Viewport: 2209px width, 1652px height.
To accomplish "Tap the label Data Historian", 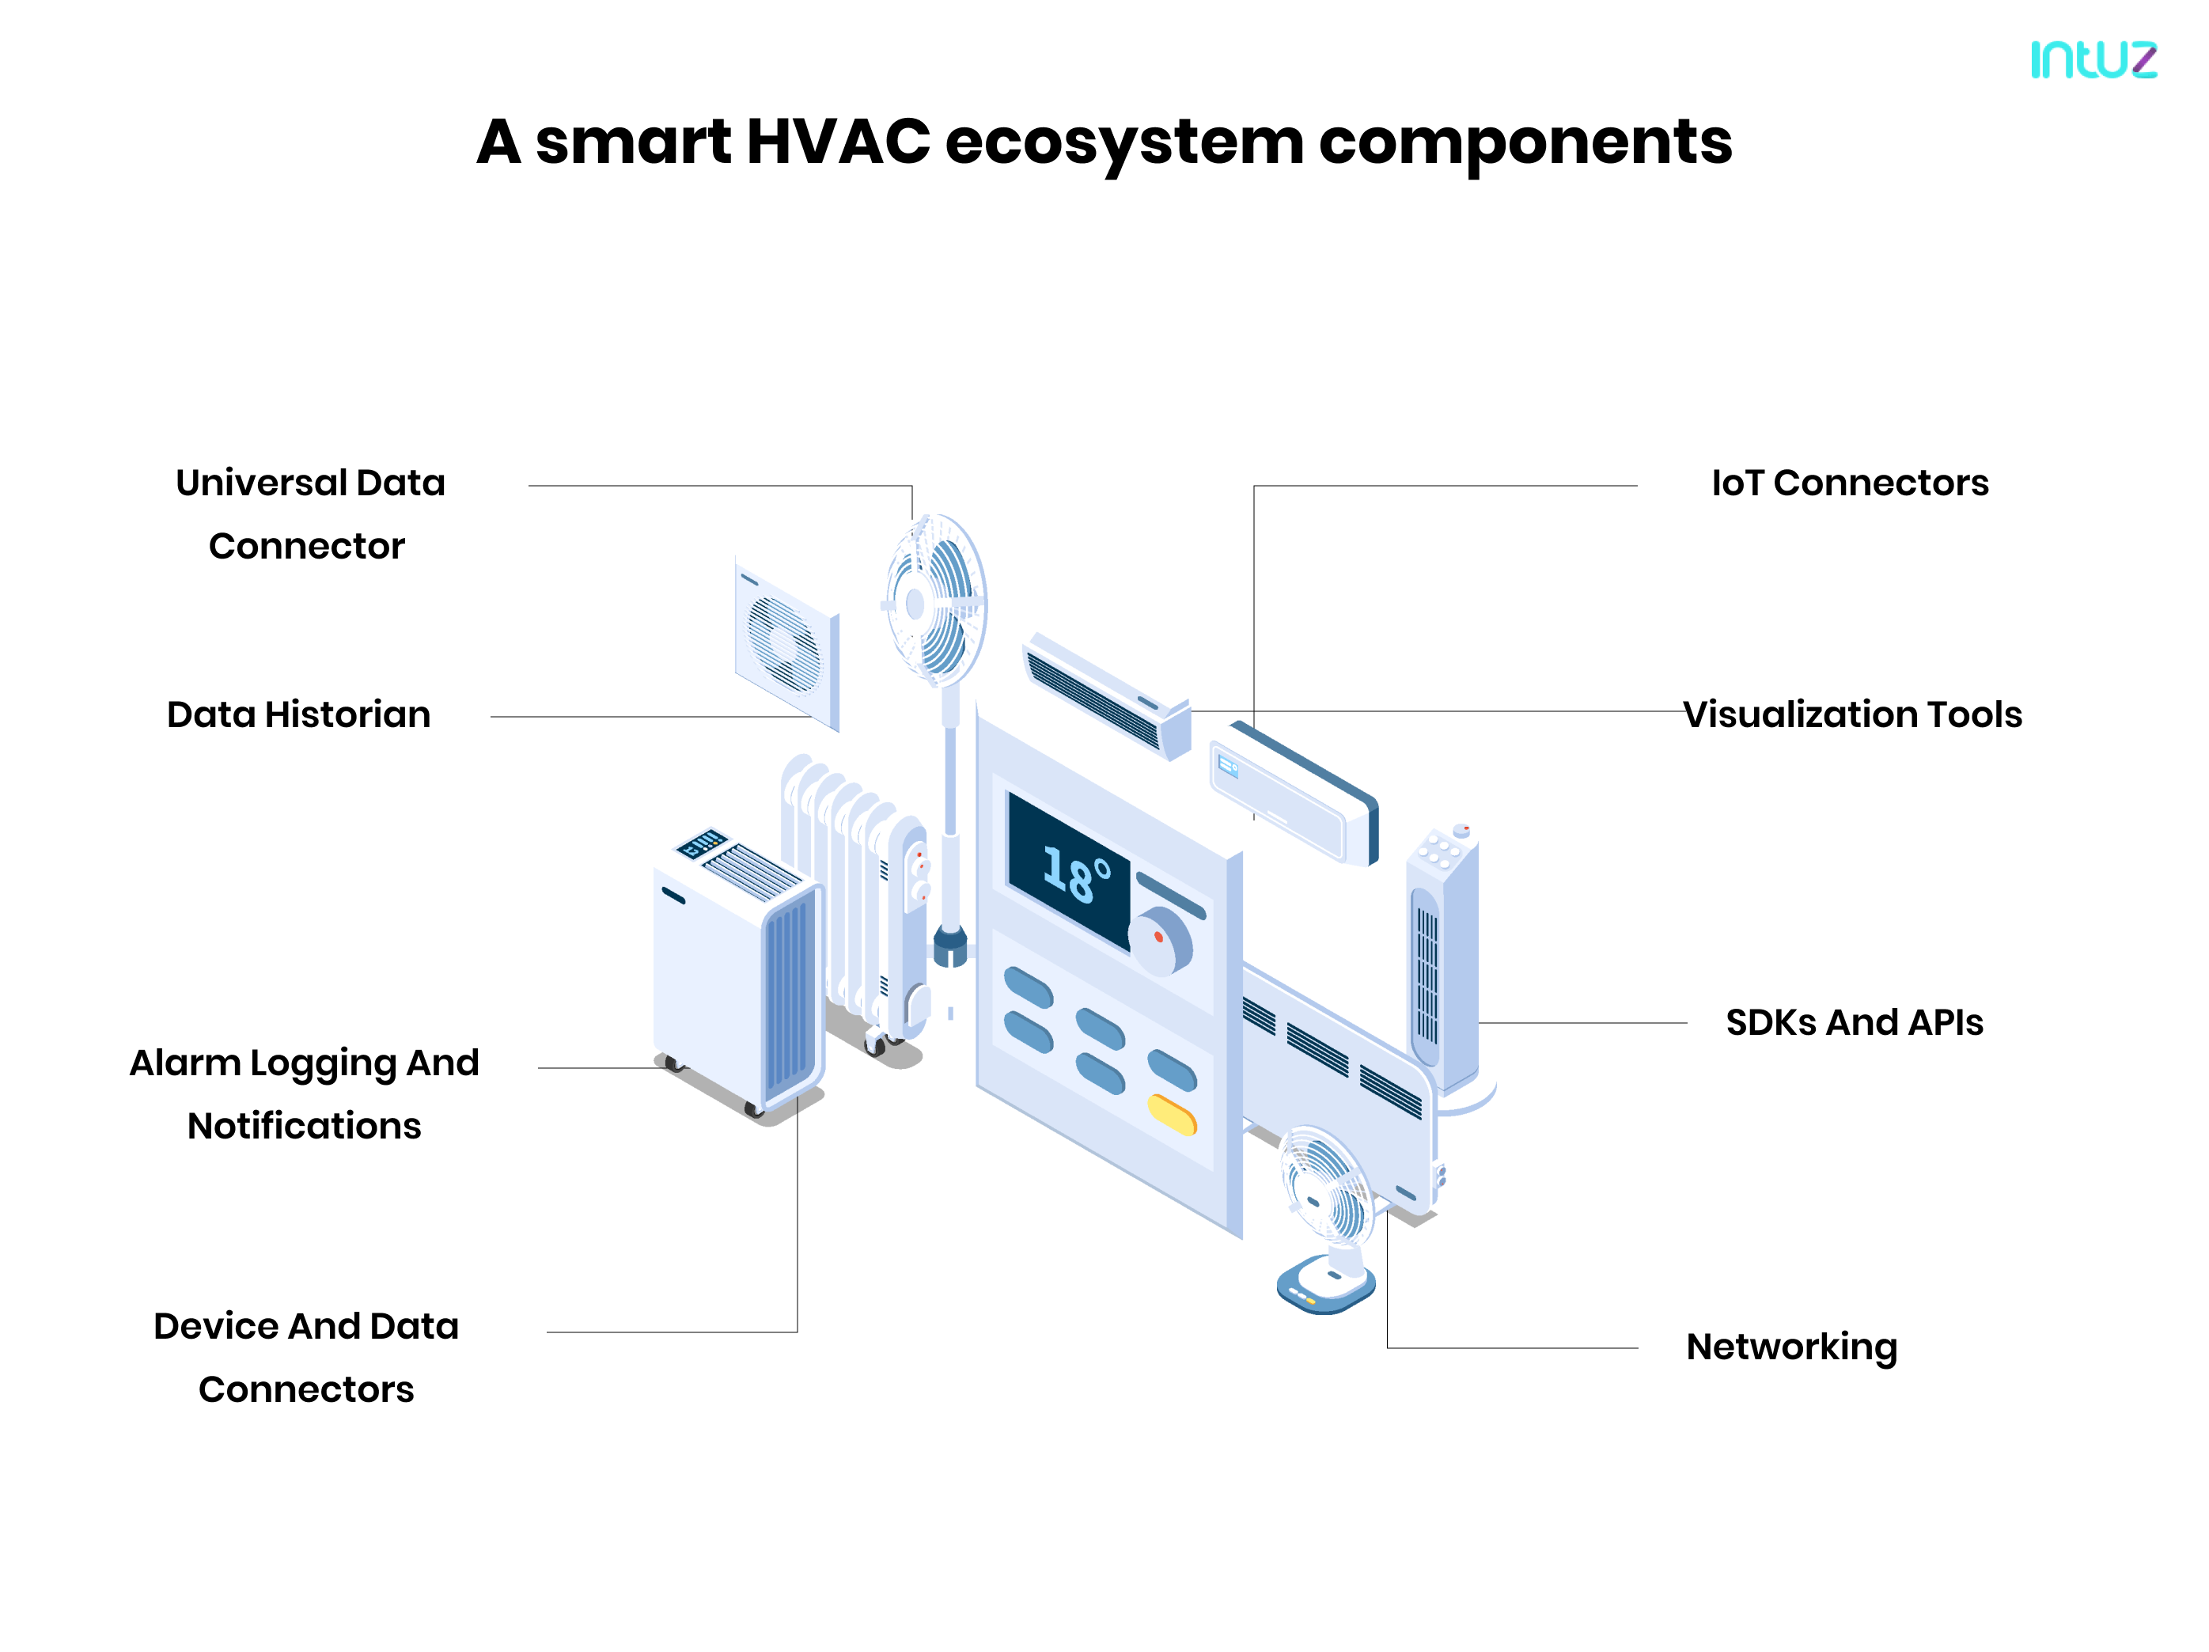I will [x=298, y=715].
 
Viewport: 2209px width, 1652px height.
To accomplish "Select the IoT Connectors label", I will [x=1850, y=483].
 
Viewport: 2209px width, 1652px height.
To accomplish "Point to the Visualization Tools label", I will [x=1851, y=715].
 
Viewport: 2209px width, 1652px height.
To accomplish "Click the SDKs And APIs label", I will [x=1854, y=1023].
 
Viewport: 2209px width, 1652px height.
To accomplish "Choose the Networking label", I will [x=1791, y=1347].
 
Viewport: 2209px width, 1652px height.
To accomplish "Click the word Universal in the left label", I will [x=260, y=483].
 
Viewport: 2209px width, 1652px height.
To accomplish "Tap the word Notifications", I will [x=305, y=1127].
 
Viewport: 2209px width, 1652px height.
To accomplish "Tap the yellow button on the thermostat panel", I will [x=1172, y=1115].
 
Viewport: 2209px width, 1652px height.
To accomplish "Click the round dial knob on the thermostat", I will [x=1162, y=942].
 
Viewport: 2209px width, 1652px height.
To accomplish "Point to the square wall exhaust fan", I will [x=786, y=644].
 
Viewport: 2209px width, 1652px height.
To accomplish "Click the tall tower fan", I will [x=1441, y=959].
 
